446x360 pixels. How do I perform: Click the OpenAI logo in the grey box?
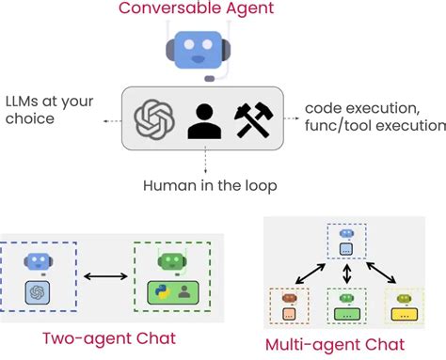pyautogui.click(x=154, y=119)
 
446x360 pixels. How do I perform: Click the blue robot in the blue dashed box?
pyautogui.click(x=38, y=262)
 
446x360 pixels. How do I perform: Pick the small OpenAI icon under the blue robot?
pyautogui.click(x=38, y=292)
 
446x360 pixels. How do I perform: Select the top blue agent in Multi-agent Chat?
pyautogui.click(x=347, y=242)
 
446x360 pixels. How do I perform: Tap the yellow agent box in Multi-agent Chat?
pyautogui.click(x=405, y=305)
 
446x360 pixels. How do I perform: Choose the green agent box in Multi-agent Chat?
pyautogui.click(x=347, y=305)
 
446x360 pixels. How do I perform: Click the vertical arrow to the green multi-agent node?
pyautogui.click(x=347, y=274)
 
